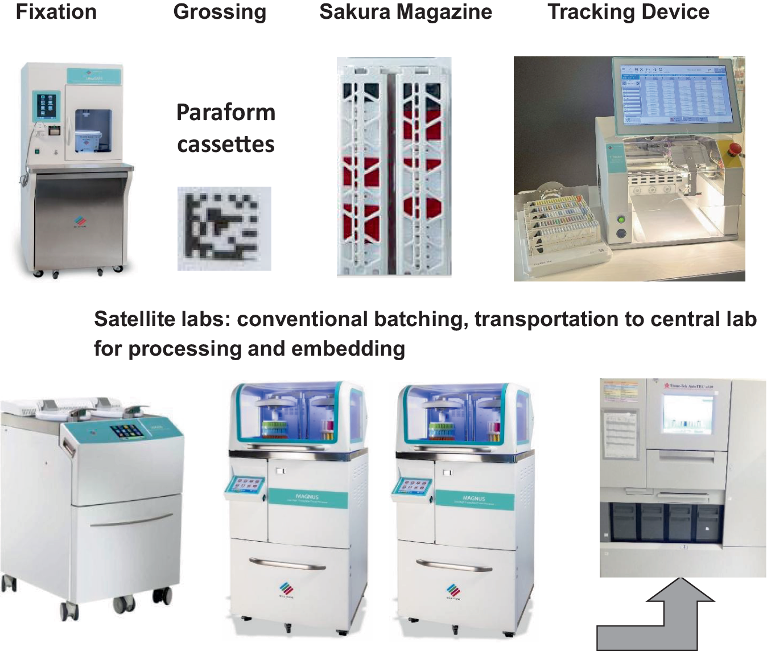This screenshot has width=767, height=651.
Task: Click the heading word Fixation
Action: [x=56, y=12]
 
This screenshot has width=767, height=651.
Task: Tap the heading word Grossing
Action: [x=220, y=12]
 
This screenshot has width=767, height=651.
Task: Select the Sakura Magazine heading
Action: [x=405, y=12]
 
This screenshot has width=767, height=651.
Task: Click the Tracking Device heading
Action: [x=628, y=12]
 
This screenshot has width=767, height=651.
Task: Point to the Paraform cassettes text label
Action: [x=226, y=128]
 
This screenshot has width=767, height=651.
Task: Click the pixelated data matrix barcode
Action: [x=224, y=228]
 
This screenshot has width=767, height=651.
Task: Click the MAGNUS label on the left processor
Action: [x=307, y=497]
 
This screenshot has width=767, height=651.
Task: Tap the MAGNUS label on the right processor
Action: [x=473, y=498]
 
